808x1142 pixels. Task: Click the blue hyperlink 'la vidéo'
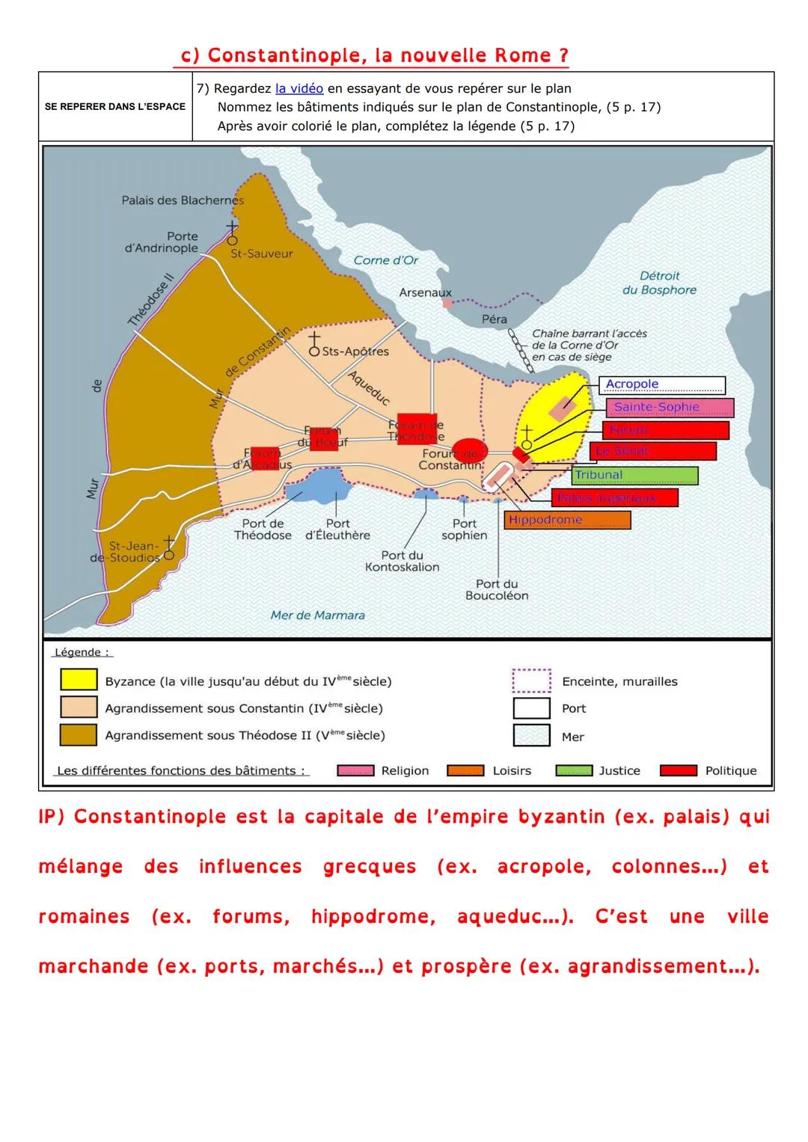299,88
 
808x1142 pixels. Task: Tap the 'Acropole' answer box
661,385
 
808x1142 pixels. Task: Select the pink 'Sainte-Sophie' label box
670,408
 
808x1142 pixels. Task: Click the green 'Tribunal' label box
634,476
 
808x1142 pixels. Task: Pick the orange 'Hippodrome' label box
567,521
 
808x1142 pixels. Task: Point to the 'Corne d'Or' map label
385,260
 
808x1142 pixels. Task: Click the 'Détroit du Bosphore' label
659,283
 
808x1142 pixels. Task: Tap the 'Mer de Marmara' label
317,615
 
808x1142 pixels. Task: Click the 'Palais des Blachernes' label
183,200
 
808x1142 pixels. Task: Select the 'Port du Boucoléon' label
497,589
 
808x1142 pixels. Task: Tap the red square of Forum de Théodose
417,429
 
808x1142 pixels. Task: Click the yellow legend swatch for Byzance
79,680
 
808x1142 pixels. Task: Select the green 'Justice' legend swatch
574,771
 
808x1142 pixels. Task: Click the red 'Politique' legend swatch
679,771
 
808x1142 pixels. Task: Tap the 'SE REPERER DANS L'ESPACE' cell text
115,106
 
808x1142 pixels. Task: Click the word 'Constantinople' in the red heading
287,56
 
